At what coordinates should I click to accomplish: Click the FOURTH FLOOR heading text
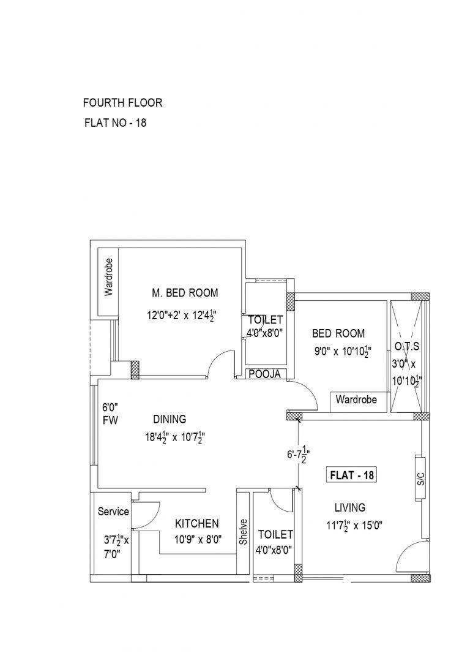click(x=122, y=103)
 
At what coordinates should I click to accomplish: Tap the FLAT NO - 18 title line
click(x=116, y=123)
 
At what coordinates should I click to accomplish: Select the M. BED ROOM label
click(x=185, y=293)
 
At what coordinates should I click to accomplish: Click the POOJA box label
click(x=265, y=374)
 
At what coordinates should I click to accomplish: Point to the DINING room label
click(x=170, y=419)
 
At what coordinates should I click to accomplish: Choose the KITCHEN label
click(x=197, y=524)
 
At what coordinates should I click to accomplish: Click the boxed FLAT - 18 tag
click(x=352, y=475)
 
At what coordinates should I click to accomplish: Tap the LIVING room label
click(x=350, y=507)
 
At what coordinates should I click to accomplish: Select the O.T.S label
click(x=407, y=347)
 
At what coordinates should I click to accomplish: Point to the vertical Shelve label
click(x=243, y=532)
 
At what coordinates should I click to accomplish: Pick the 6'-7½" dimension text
click(x=297, y=455)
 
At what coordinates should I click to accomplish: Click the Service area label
click(x=113, y=512)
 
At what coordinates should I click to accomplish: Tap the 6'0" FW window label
click(x=110, y=414)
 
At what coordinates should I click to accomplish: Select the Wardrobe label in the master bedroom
click(x=109, y=277)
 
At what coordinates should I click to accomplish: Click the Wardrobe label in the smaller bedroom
click(x=356, y=399)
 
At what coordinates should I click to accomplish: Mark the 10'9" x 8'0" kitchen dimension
click(x=198, y=540)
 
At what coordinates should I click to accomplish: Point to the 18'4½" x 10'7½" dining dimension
click(x=175, y=437)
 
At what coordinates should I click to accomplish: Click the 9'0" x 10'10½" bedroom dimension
click(x=343, y=351)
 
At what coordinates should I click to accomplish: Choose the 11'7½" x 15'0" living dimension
click(x=354, y=526)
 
